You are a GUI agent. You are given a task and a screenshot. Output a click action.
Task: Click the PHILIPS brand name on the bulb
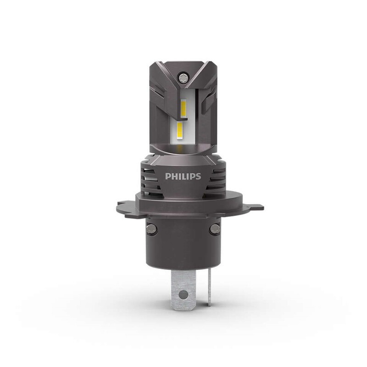(x=183, y=177)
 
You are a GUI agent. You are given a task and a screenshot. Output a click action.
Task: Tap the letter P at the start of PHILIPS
(x=167, y=177)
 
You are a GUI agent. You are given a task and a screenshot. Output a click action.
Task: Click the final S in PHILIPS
(x=198, y=177)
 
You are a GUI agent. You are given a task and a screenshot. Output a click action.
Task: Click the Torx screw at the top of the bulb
(x=183, y=75)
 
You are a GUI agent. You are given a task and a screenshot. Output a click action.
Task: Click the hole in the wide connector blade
(x=183, y=294)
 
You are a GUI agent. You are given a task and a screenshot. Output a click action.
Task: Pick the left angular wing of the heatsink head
(x=158, y=99)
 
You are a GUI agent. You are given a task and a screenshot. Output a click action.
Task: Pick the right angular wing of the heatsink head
(x=209, y=99)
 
